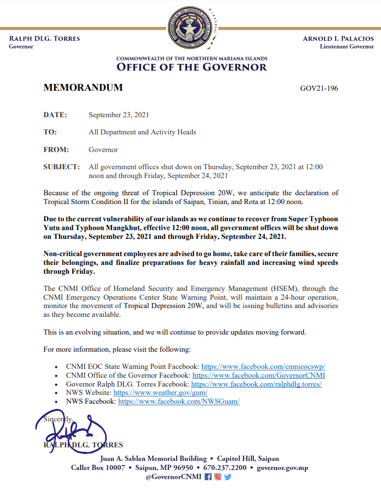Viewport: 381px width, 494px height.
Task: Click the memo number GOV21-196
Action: tap(319, 89)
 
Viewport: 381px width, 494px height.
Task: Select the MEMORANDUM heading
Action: tap(83, 88)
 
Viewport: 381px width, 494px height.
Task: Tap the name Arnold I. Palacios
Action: tap(338, 39)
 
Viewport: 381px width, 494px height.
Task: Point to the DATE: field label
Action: tap(55, 115)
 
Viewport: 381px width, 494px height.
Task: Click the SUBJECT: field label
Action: tap(61, 167)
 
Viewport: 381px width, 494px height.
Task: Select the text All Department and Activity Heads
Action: tap(142, 132)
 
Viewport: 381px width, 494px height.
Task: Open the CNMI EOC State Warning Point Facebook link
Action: tap(264, 366)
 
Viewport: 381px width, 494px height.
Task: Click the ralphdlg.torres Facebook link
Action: tap(256, 384)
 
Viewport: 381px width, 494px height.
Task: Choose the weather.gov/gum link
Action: tap(161, 393)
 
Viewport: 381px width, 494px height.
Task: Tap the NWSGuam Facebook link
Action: tap(179, 402)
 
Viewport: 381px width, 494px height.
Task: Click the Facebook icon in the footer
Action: tap(208, 477)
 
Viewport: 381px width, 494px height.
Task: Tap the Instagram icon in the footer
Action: tap(218, 477)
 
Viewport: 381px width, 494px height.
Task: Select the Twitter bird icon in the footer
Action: tap(227, 477)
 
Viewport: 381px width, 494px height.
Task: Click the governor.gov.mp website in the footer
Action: tap(282, 468)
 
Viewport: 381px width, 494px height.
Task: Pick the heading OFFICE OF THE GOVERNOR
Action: tap(191, 67)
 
